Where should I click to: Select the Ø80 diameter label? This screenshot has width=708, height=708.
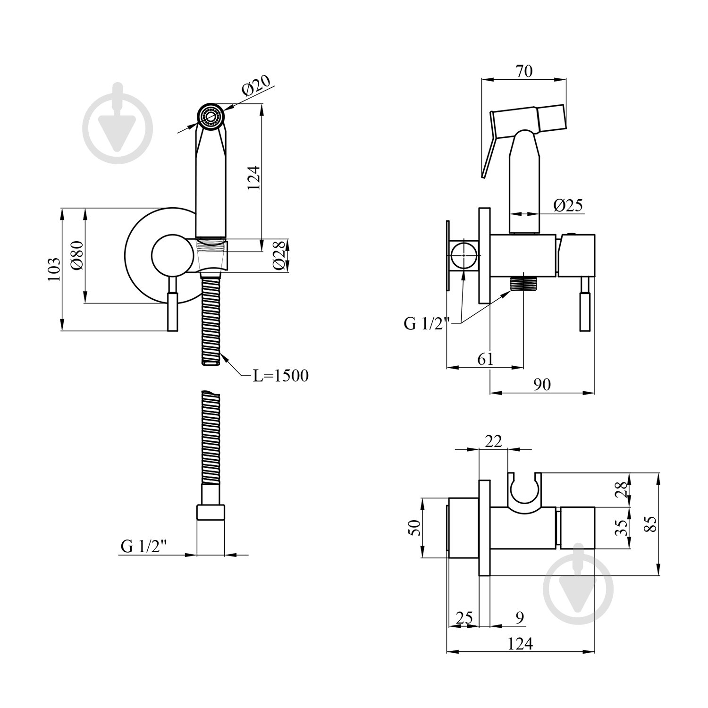pyautogui.click(x=77, y=255)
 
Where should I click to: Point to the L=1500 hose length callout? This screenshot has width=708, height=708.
pyautogui.click(x=280, y=376)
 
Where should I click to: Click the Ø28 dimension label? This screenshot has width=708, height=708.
pyautogui.click(x=279, y=255)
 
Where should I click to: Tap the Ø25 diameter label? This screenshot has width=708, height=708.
pyautogui.click(x=568, y=205)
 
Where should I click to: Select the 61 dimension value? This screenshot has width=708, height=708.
pyautogui.click(x=485, y=359)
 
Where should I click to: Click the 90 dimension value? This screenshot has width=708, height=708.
pyautogui.click(x=542, y=385)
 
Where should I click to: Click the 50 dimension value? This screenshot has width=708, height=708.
pyautogui.click(x=413, y=528)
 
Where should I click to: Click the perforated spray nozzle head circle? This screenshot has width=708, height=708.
pyautogui.click(x=211, y=116)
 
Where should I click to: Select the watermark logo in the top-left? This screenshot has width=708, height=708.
pyautogui.click(x=118, y=118)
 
